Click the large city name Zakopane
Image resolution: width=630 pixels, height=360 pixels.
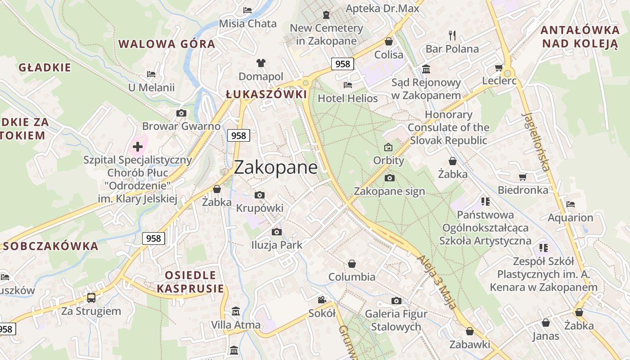(x=275, y=167)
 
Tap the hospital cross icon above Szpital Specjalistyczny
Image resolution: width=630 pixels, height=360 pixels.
(x=138, y=146)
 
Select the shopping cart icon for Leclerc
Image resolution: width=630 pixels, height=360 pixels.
(x=499, y=68)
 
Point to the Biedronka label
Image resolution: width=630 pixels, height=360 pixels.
(x=523, y=190)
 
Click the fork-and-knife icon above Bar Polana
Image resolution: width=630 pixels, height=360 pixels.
(x=452, y=35)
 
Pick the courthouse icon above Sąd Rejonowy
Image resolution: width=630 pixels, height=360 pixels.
(x=426, y=69)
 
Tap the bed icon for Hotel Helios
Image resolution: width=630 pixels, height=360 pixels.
(x=348, y=85)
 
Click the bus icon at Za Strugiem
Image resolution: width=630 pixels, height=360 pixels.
(x=91, y=297)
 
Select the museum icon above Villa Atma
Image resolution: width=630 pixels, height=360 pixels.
(x=235, y=311)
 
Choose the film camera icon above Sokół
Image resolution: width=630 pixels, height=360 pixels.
(x=322, y=300)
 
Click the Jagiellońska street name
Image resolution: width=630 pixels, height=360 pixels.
(x=536, y=141)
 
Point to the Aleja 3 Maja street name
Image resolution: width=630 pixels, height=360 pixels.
(x=437, y=282)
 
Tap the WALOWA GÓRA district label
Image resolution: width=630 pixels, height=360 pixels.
(x=166, y=44)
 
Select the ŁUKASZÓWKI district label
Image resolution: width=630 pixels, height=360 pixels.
(x=266, y=94)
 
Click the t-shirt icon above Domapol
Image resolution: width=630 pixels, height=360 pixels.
(x=261, y=63)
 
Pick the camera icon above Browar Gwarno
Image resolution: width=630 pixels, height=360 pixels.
(x=181, y=113)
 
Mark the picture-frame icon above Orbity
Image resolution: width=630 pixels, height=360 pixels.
(x=388, y=147)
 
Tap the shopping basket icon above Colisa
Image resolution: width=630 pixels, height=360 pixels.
(x=389, y=41)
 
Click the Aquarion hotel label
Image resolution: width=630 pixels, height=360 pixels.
(x=570, y=218)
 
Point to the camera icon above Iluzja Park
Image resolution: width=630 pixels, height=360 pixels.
(x=277, y=232)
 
